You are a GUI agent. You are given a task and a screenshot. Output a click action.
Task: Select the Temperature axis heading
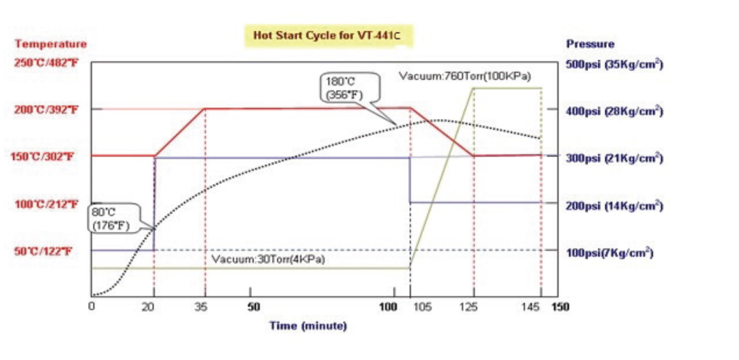(x=50, y=44)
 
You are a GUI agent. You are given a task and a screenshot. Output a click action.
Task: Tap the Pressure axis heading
(x=590, y=44)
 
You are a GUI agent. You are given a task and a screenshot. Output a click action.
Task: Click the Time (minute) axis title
(x=308, y=326)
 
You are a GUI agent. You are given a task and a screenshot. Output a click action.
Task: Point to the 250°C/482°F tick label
(x=46, y=63)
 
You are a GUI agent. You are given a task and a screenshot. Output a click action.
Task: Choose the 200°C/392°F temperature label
(x=46, y=109)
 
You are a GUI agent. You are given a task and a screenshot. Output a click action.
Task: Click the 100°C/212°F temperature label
(x=46, y=204)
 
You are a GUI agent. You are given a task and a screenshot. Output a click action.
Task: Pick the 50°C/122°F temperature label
(x=43, y=251)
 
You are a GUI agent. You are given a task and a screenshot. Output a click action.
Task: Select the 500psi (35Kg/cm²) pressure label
(x=614, y=64)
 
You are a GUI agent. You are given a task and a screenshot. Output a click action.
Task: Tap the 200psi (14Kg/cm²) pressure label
(x=614, y=206)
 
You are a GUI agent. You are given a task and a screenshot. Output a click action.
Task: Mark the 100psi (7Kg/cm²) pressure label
(x=610, y=253)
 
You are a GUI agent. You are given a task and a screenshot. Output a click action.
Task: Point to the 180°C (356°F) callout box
(x=349, y=88)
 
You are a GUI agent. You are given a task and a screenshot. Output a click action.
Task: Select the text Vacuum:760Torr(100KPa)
(x=465, y=76)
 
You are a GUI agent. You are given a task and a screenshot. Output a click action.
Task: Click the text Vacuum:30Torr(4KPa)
(x=268, y=259)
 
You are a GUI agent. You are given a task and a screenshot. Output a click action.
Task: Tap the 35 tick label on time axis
(x=201, y=307)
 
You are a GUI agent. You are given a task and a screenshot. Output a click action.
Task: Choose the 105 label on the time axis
(x=422, y=307)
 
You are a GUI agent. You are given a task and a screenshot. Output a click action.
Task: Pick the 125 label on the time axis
(x=468, y=307)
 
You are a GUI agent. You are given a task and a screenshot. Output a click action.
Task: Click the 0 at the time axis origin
(x=92, y=306)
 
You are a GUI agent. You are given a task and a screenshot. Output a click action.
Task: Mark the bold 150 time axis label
(x=560, y=307)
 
